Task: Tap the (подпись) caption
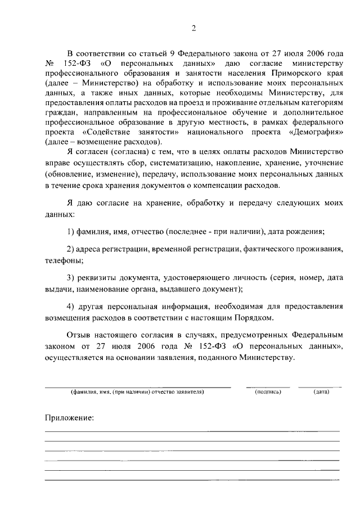[268, 391]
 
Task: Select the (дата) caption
[322, 391]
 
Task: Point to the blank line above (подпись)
[268, 387]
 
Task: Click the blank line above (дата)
[319, 387]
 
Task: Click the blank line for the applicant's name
[137, 387]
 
